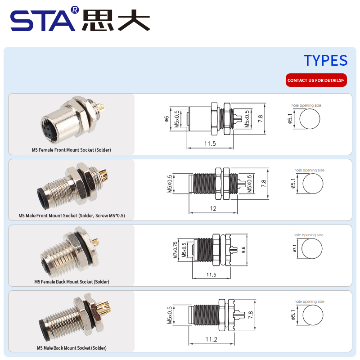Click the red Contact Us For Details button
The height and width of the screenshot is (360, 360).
(316, 80)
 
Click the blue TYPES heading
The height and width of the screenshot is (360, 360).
(325, 60)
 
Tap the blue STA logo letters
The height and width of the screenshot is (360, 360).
(43, 21)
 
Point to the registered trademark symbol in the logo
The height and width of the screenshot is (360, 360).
(75, 9)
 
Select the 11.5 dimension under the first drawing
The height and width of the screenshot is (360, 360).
(210, 144)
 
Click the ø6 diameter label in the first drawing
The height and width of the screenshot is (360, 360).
(166, 119)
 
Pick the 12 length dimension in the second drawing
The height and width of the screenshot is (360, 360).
(213, 208)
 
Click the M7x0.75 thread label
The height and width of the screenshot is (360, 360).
(175, 250)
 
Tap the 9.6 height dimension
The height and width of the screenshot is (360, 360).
(243, 250)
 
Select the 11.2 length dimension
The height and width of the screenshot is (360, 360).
(211, 339)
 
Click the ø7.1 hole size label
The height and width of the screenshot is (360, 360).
(295, 248)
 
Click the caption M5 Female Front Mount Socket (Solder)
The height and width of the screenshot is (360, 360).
(72, 150)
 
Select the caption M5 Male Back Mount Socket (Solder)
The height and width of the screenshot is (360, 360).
(72, 348)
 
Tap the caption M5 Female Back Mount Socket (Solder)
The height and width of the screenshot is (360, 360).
(72, 282)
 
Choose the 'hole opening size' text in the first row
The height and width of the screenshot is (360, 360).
(306, 105)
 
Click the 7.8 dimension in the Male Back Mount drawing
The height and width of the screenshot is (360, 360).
(251, 315)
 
